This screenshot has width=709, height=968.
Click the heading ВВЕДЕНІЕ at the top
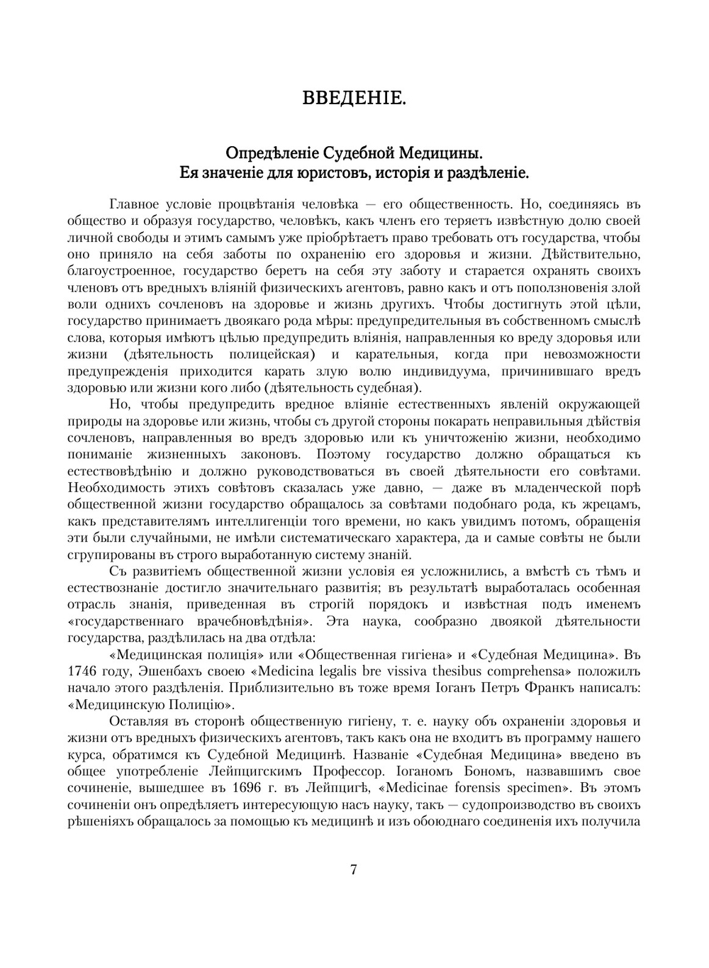(x=354, y=98)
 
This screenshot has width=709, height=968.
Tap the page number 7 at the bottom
(x=354, y=869)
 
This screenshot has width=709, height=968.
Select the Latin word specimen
(x=538, y=788)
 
